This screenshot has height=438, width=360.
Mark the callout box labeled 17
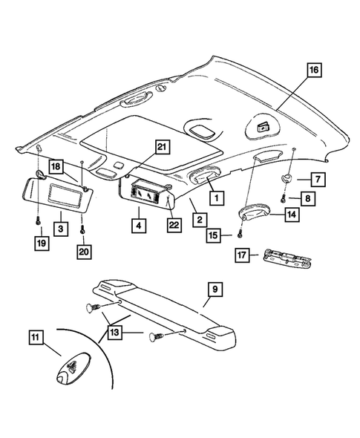tap(240, 256)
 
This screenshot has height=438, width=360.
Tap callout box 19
tap(37, 241)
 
